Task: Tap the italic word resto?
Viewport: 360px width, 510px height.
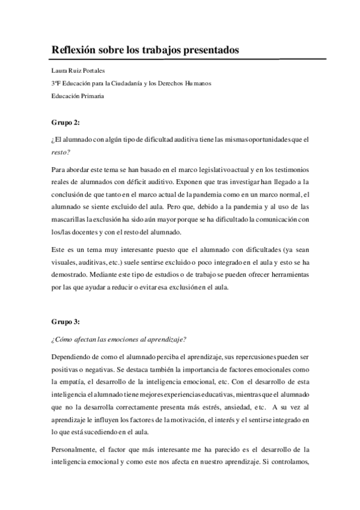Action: [x=62, y=152]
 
